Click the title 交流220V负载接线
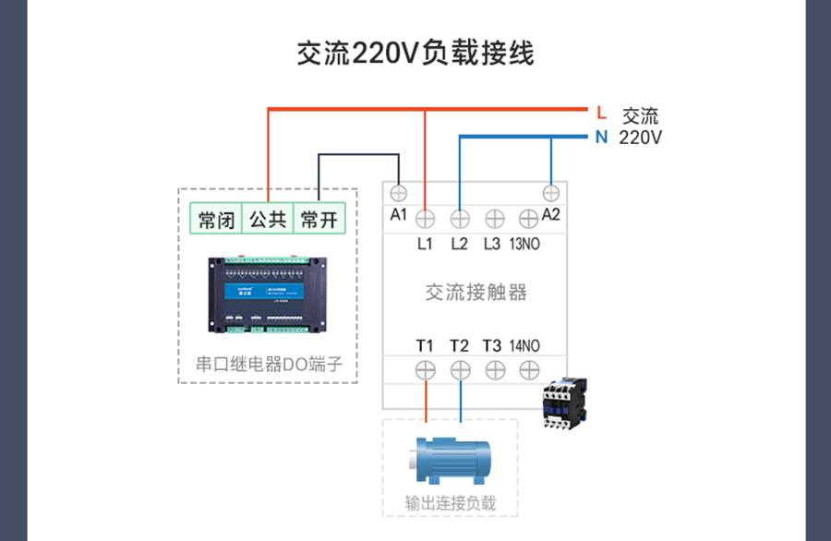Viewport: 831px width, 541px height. tap(415, 53)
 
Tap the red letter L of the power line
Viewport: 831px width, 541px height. tap(601, 113)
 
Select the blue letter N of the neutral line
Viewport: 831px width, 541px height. tap(601, 138)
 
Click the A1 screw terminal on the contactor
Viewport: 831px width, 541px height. tap(399, 193)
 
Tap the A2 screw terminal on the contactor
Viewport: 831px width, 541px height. tap(551, 193)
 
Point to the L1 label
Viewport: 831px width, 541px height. tap(425, 245)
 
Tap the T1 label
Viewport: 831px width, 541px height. tap(425, 346)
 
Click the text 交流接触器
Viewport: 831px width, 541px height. tap(476, 293)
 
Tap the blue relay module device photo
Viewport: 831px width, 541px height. tap(268, 294)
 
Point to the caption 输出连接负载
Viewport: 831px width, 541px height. tap(451, 503)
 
